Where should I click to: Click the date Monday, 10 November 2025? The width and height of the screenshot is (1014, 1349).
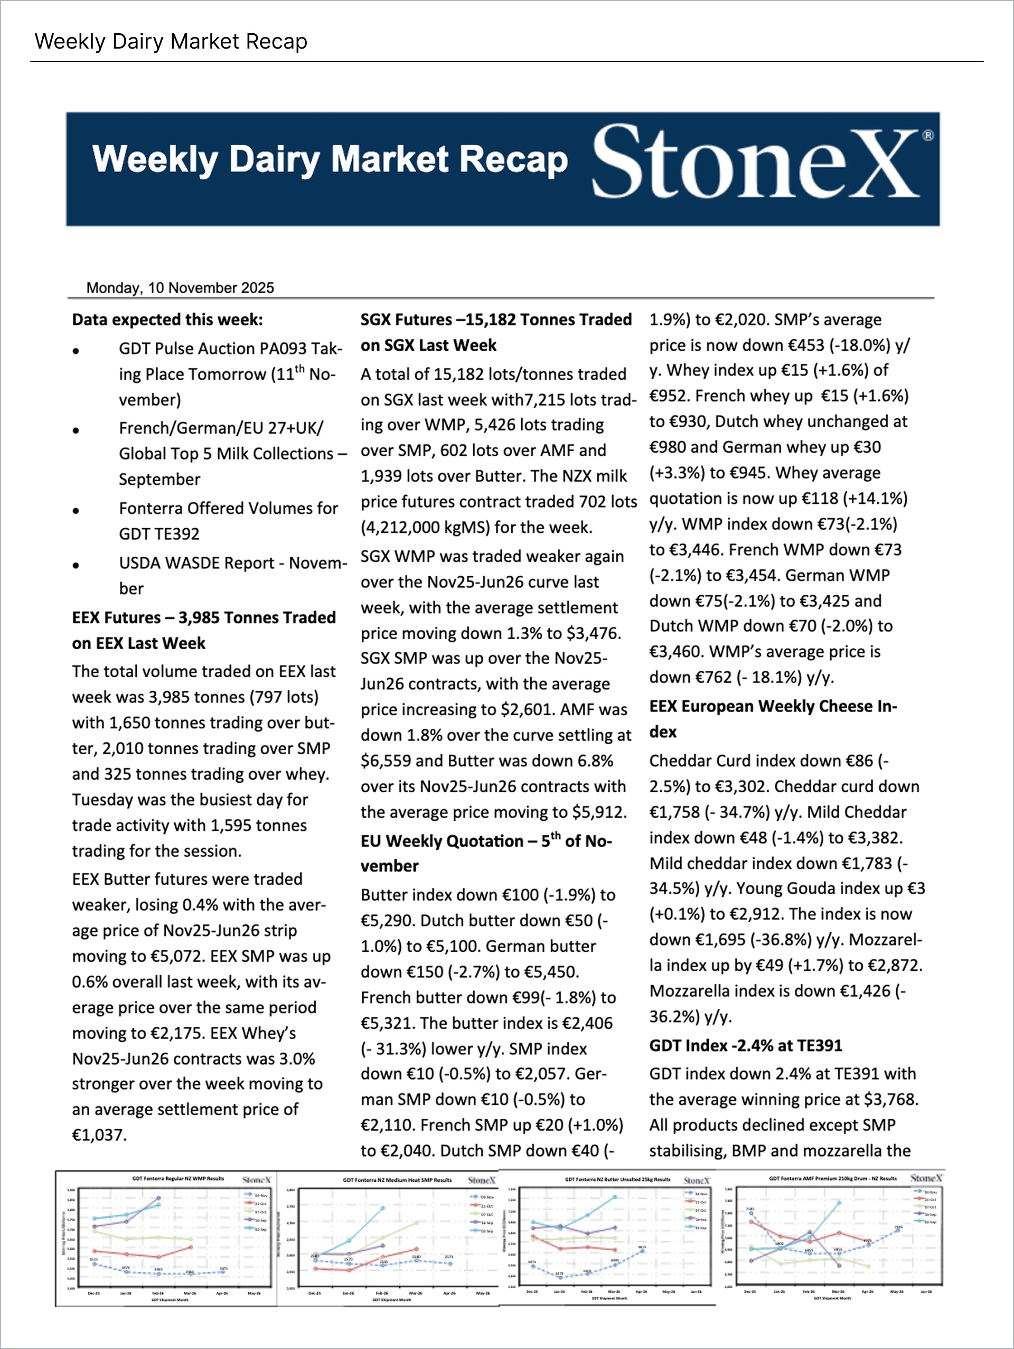(180, 288)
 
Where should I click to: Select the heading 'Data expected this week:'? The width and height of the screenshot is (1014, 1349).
(167, 320)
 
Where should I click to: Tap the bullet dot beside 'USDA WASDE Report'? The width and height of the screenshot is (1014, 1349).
(76, 565)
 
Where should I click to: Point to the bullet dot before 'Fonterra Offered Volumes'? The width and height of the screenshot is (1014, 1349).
(76, 510)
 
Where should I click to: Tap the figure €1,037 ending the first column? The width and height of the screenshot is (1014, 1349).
(99, 1135)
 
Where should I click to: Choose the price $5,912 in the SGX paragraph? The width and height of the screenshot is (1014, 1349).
(597, 812)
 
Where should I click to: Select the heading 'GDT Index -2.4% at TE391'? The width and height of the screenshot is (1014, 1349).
(745, 1045)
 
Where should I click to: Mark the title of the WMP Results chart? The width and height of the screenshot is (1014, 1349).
(178, 1178)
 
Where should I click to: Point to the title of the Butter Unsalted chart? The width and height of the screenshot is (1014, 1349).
(617, 1179)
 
